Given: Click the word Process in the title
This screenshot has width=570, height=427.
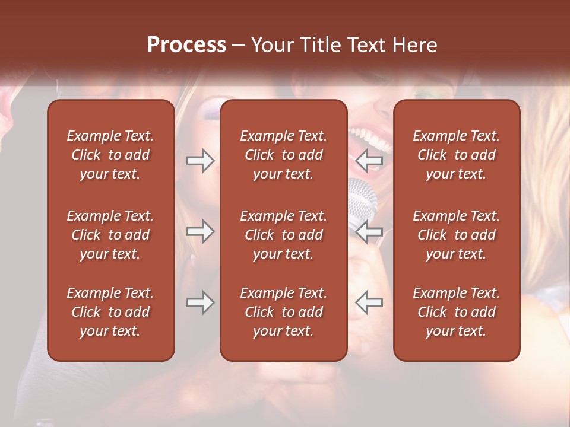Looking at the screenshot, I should pos(186,45).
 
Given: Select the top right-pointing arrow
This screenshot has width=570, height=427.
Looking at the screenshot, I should pos(200,161).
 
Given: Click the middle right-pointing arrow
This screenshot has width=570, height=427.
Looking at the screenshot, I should pos(200,231).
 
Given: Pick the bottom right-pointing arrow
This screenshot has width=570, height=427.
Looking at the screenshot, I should pos(200,302).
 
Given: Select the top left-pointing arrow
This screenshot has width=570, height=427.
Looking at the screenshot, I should pos(369,161).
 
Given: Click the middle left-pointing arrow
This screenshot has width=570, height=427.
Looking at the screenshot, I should pos(369,231).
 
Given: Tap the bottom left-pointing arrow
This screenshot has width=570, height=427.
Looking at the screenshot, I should pos(369,302).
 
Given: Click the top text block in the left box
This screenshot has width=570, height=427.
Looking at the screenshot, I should pos(110,155).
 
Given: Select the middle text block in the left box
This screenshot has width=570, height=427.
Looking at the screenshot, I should pos(110,235).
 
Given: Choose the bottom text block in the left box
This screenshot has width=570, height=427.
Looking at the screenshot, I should pos(110,312).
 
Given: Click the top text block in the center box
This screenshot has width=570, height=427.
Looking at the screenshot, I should pos(283,155).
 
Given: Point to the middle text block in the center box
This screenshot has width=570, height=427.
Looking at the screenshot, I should pos(283,235).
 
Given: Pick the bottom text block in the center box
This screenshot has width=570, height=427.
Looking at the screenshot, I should pos(283,312).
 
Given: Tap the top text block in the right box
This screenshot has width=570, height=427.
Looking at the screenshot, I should pos(456,155).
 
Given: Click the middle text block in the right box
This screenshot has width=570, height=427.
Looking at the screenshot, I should pos(456,235).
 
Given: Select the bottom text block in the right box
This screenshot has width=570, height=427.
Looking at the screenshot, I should pos(456,312).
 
